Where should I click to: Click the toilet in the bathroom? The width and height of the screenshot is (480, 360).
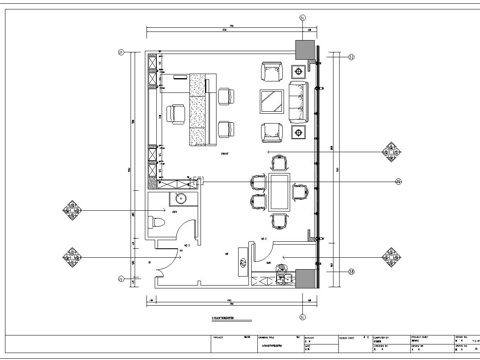[157, 224]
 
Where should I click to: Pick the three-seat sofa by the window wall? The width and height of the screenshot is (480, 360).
[298, 101]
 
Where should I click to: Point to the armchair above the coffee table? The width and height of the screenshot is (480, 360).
[271, 71]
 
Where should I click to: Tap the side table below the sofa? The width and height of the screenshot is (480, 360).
[300, 131]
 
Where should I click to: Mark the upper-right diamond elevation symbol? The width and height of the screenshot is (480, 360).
[388, 152]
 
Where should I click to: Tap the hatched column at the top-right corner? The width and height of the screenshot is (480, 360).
[301, 48]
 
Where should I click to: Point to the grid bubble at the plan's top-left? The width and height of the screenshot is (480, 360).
[121, 51]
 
